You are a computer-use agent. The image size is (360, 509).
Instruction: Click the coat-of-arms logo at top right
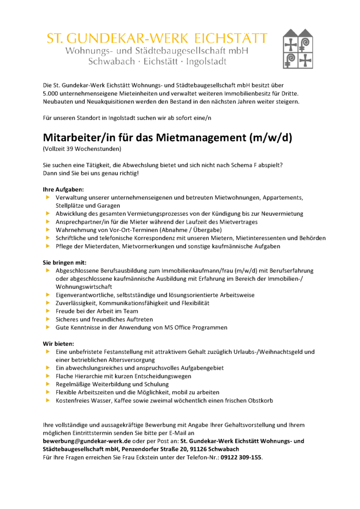click(x=299, y=49)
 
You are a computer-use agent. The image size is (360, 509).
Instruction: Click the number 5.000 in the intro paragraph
click(x=52, y=93)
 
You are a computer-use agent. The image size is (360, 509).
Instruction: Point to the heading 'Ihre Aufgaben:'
click(x=63, y=189)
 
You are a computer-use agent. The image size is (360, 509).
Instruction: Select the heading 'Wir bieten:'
click(x=58, y=343)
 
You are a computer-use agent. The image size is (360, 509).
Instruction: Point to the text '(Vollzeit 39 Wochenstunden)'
click(x=82, y=149)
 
